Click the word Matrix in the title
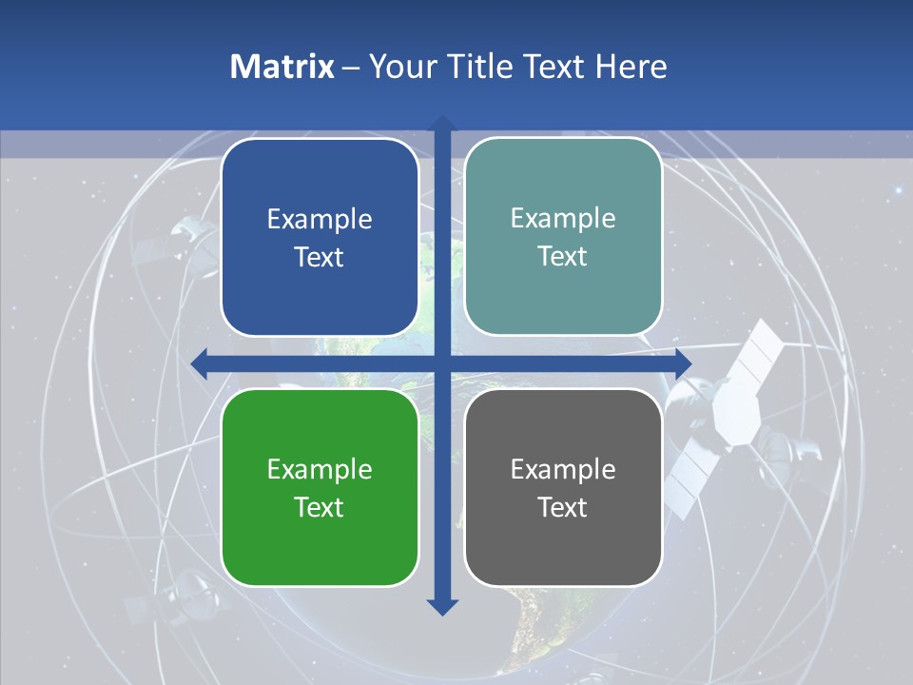pyautogui.click(x=282, y=67)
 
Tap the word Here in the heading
pyautogui.click(x=631, y=67)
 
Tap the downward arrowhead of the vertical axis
pyautogui.click(x=442, y=606)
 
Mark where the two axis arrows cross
pyautogui.click(x=442, y=363)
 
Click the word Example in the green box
pyautogui.click(x=320, y=469)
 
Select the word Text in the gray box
pyautogui.click(x=563, y=507)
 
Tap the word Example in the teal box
pyautogui.click(x=563, y=219)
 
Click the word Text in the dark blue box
pyautogui.click(x=320, y=257)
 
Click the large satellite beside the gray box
pyautogui.click(x=737, y=419)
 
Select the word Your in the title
pyautogui.click(x=399, y=67)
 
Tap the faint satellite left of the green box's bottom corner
pyautogui.click(x=176, y=595)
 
